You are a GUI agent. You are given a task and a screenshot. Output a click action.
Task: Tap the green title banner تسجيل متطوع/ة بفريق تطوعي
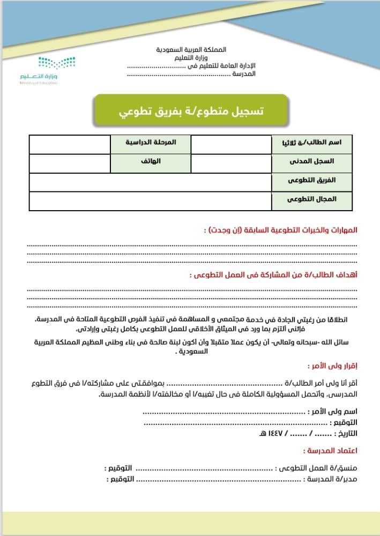click(190, 111)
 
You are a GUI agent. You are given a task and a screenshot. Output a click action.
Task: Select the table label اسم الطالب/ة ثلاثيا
click(311, 144)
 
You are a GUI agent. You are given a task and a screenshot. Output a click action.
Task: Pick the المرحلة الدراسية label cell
click(151, 144)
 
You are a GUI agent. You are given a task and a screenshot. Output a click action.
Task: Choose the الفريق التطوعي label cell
click(311, 181)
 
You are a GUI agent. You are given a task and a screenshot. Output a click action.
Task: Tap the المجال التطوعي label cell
click(311, 200)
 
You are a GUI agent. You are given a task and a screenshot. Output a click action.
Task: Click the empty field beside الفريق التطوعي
click(150, 182)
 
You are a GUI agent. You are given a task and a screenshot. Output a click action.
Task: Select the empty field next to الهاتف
click(70, 163)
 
